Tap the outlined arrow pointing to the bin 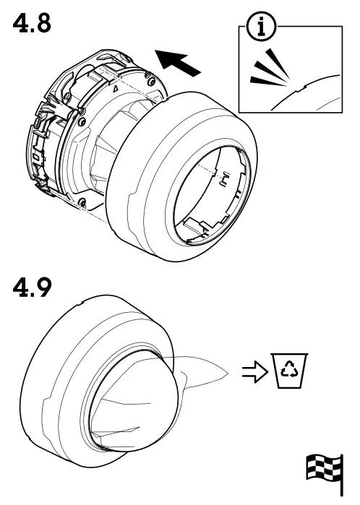(253, 373)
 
